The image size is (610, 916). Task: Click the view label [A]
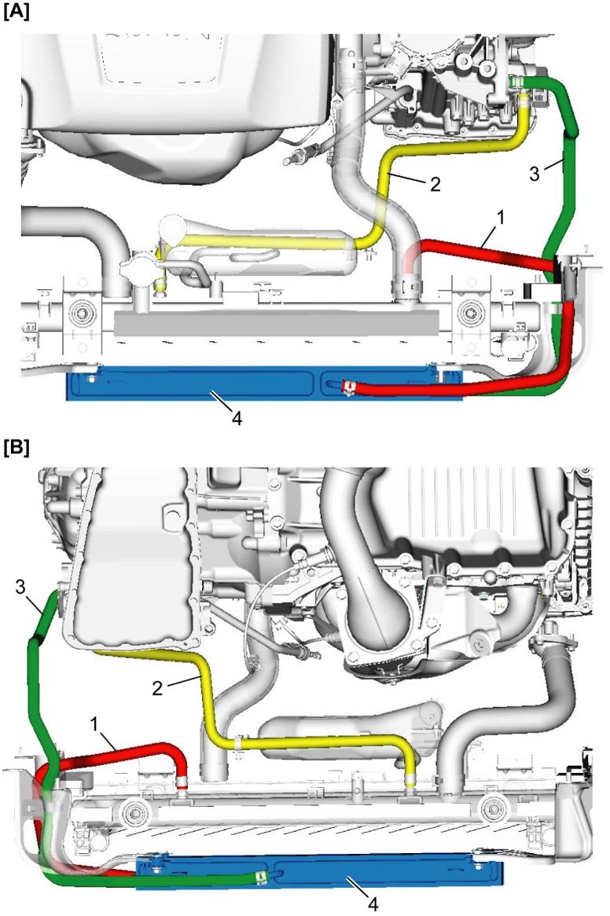coord(16,13)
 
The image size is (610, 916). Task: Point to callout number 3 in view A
coord(535,174)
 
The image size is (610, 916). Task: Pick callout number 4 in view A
coord(239,418)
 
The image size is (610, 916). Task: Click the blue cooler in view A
coord(197,386)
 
